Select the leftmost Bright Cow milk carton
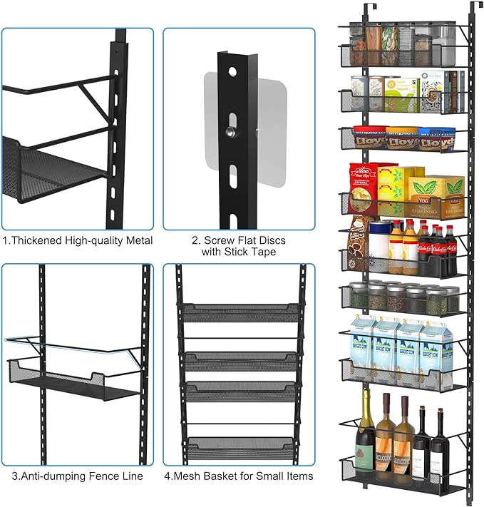pos(363,341)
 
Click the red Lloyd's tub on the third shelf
pos(370,139)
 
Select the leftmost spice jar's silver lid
pos(359,287)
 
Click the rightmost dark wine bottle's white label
pos(438,448)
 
